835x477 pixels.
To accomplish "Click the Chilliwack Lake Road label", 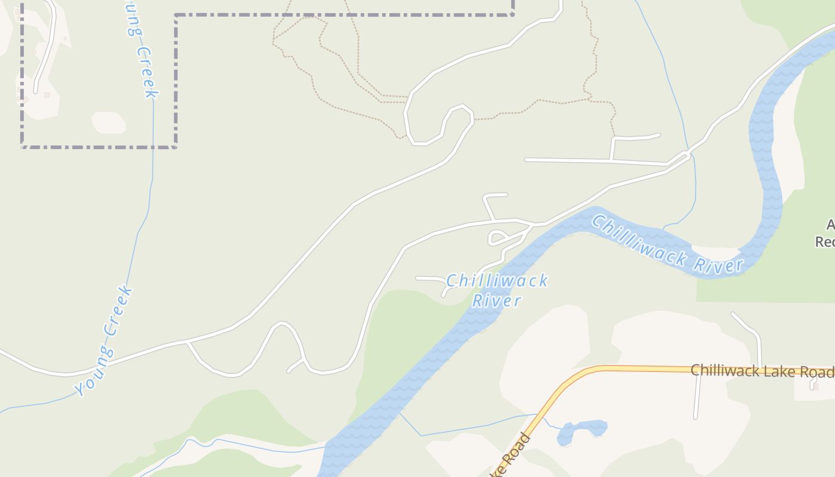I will [762, 371].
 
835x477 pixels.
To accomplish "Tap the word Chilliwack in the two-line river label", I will [497, 281].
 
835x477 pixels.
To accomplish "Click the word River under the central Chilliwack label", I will [497, 301].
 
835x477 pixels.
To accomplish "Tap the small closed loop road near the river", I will [497, 238].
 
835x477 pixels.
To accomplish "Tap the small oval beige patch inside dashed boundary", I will [109, 122].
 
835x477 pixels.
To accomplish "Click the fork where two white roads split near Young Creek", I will [187, 342].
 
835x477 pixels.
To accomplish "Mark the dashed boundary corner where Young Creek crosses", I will [153, 146].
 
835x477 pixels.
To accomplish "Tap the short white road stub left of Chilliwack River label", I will [429, 278].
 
